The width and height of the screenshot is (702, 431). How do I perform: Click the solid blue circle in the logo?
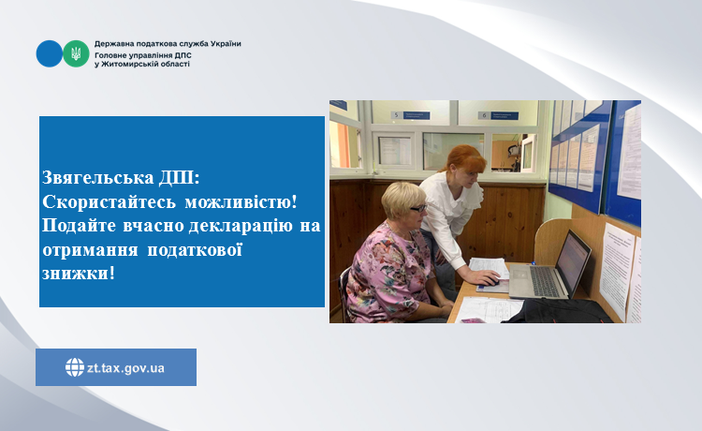(x=50, y=53)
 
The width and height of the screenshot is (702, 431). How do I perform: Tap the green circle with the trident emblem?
(x=76, y=53)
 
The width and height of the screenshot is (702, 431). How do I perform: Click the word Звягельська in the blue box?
(x=98, y=177)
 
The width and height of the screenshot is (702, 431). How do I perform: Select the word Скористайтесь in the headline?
(x=109, y=202)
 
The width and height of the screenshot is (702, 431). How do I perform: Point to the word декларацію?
(x=241, y=226)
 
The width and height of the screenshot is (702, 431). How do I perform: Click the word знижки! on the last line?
(x=79, y=273)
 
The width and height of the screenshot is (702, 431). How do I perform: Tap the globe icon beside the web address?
(x=75, y=367)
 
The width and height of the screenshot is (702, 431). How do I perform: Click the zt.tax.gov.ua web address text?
(x=125, y=368)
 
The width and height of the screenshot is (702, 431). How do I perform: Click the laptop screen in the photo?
(x=574, y=260)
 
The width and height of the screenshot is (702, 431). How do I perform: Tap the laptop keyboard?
(x=543, y=280)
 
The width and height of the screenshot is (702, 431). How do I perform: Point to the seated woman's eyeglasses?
(x=418, y=208)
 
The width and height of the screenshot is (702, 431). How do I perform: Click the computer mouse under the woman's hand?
(x=492, y=282)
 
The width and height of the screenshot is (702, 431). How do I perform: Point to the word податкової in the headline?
(x=195, y=249)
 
